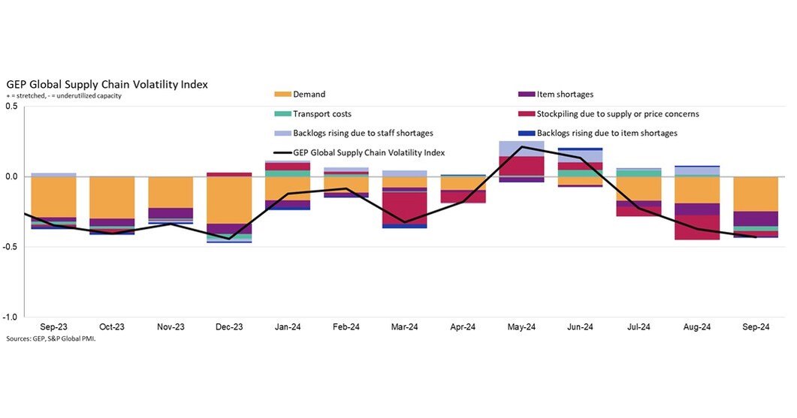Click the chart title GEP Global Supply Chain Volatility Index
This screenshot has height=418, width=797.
click(x=107, y=84)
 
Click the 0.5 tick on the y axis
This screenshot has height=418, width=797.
click(x=11, y=107)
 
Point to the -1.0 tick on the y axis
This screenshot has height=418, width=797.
click(x=10, y=317)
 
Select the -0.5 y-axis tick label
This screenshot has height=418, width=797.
click(x=10, y=247)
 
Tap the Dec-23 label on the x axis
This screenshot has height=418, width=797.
click(x=229, y=327)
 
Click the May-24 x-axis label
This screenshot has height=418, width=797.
click(x=521, y=327)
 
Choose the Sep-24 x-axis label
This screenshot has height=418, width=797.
click(x=755, y=327)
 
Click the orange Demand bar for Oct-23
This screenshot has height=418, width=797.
click(x=112, y=197)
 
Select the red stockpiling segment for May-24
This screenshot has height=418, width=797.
click(x=521, y=166)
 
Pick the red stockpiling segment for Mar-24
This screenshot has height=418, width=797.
click(x=404, y=208)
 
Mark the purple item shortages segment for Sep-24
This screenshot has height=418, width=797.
click(x=755, y=218)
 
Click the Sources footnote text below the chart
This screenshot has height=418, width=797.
click(x=51, y=338)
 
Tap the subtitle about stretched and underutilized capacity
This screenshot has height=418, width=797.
click(x=64, y=96)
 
